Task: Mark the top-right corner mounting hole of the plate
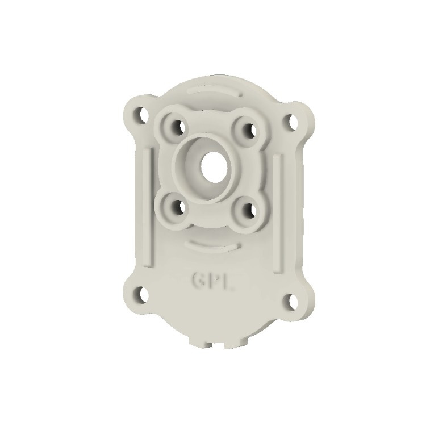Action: pyautogui.click(x=292, y=122)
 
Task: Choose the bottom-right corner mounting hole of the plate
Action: pyautogui.click(x=292, y=301)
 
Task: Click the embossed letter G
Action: pyautogui.click(x=198, y=279)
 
